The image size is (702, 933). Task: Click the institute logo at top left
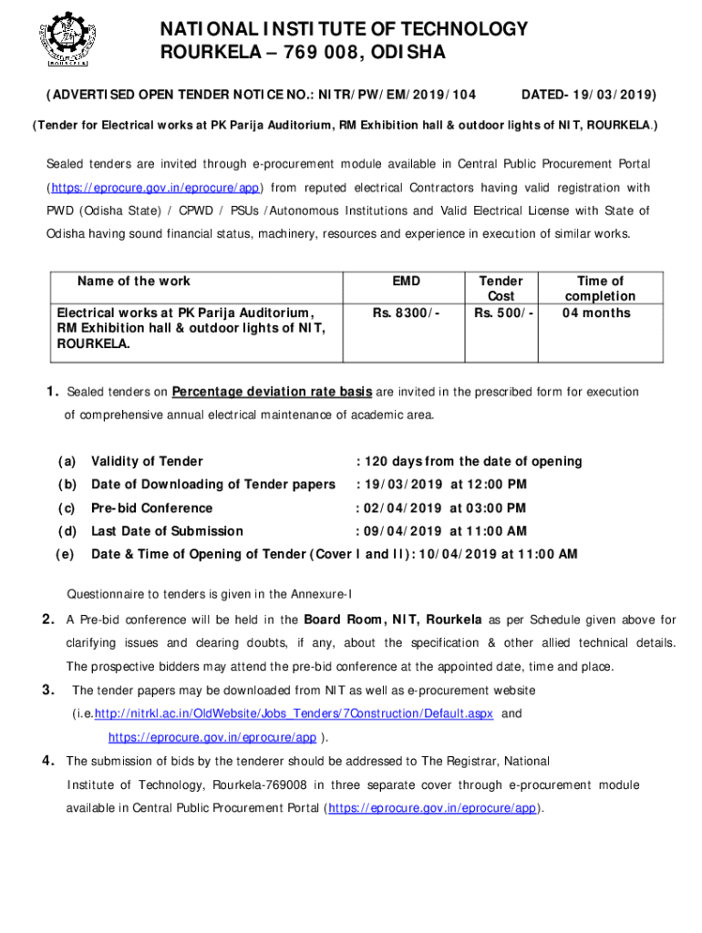(63, 38)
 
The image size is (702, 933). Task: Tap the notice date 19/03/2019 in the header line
(612, 95)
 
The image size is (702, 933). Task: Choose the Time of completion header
(600, 288)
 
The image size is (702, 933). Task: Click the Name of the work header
(134, 281)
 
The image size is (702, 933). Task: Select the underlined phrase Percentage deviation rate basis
(272, 392)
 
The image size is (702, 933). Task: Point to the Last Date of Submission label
(167, 531)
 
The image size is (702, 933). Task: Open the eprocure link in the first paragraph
(155, 189)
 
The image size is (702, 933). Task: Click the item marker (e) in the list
(64, 554)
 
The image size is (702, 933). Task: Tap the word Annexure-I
(321, 597)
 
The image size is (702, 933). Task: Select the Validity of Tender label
(147, 462)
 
